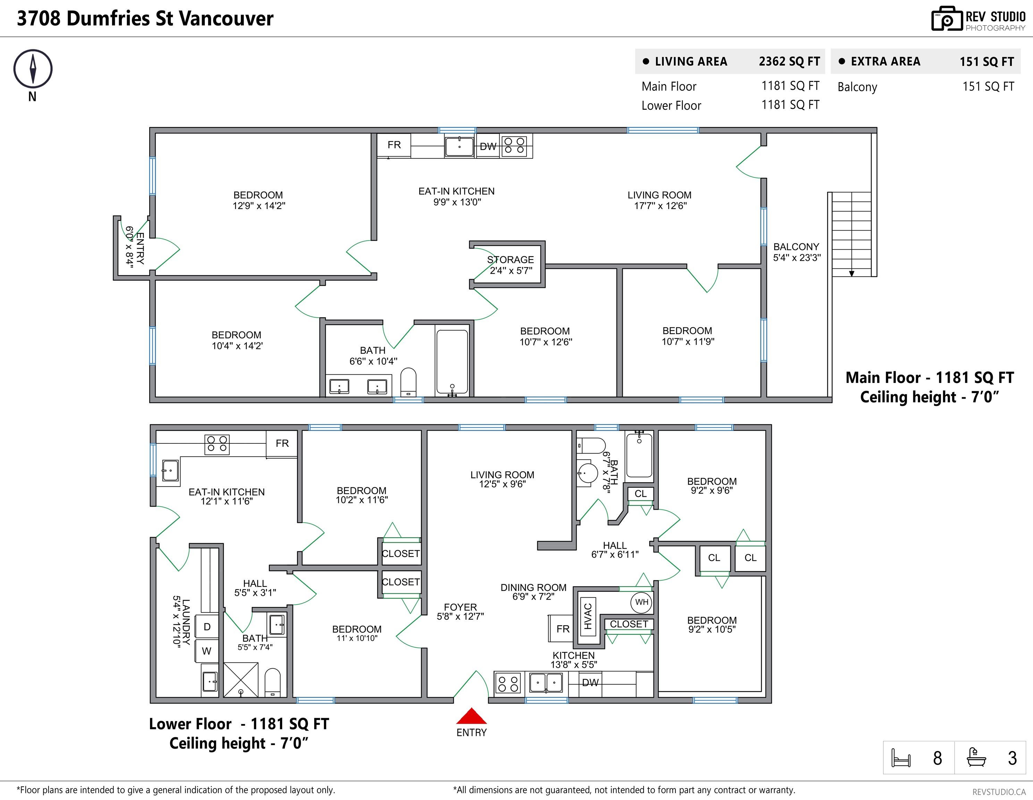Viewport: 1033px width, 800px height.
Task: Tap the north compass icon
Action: [x=33, y=69]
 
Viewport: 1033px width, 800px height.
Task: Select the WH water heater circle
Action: [x=641, y=602]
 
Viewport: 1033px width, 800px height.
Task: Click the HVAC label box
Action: [x=587, y=616]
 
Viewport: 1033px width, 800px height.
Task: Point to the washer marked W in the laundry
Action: [x=207, y=651]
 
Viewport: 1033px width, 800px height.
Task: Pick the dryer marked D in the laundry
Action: [x=207, y=627]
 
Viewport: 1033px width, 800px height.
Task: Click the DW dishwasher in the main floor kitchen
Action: [x=488, y=147]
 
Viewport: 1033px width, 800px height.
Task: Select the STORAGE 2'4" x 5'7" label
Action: [x=510, y=265]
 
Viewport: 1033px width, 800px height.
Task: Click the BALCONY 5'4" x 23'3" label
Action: [x=797, y=252]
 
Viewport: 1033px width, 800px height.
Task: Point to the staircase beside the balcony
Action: [x=851, y=234]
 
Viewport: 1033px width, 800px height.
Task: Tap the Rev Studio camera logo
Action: [x=947, y=19]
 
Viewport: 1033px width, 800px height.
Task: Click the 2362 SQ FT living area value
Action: [x=789, y=61]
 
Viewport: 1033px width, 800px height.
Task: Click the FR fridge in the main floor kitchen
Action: [x=394, y=145]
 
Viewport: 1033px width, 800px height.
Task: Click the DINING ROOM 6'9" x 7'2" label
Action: [x=534, y=592]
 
